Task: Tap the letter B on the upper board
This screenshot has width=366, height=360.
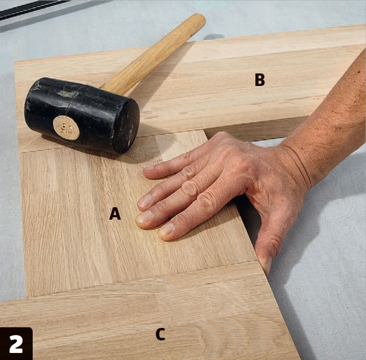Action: point(260,79)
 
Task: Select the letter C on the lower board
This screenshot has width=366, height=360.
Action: point(160,334)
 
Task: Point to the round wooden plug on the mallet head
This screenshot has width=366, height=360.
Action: point(66,128)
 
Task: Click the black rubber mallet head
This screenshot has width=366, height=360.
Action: point(81,115)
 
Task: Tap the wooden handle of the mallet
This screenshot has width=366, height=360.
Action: point(154,54)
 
